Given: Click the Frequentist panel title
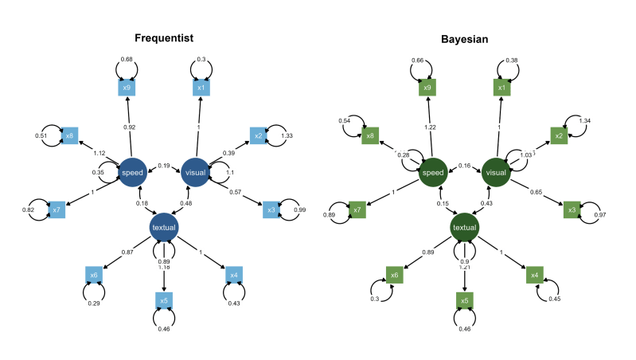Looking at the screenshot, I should pos(163,38).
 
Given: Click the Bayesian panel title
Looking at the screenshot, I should pos(464,38).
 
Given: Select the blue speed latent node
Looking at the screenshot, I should pos(132,172).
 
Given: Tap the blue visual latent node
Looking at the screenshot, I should pos(195,172).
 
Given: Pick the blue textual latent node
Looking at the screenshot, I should pos(164,227).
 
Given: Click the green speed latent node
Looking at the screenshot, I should pos(433,173).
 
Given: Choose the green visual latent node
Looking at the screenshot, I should pos(495,173).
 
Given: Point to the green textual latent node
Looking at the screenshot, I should pos(464,228).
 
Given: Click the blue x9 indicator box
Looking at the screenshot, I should pos(127,88).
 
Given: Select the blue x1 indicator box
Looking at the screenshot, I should pos(201,88).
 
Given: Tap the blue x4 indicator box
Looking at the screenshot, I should pos(233,276).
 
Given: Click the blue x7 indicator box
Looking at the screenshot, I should pos(56,210).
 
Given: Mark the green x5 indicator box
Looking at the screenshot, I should pos(464,301).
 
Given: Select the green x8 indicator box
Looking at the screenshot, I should pos(369,136).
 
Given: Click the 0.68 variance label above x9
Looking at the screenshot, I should pos(127,59).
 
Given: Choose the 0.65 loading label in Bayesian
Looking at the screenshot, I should pos(537,192).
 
